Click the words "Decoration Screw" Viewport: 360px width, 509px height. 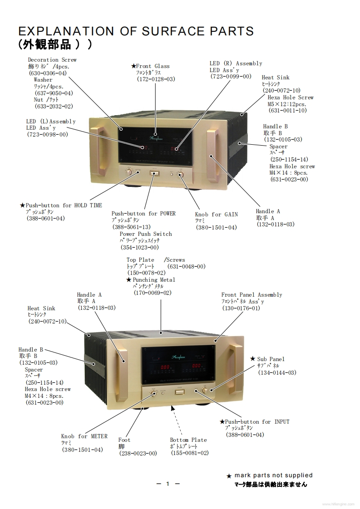click(52, 60)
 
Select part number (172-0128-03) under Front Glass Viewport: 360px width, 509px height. click(156, 79)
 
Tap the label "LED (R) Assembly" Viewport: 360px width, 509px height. click(236, 64)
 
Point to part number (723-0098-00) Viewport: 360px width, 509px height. click(47, 134)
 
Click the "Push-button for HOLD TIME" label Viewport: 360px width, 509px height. click(64, 206)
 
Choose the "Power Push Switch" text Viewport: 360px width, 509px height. click(146, 234)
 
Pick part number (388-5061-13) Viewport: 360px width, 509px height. click(131, 227)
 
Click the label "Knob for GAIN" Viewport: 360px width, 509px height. click(216, 215)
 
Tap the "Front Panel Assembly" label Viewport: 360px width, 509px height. click(252, 295)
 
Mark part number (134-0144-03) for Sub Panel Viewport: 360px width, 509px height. click(277, 372)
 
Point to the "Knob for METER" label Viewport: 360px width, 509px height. click(84, 436)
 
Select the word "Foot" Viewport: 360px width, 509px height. click(124, 440)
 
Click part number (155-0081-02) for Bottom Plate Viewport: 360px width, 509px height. click(190, 453)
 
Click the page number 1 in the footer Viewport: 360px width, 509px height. click(168, 484)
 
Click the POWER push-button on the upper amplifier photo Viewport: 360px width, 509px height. click(154, 173)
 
